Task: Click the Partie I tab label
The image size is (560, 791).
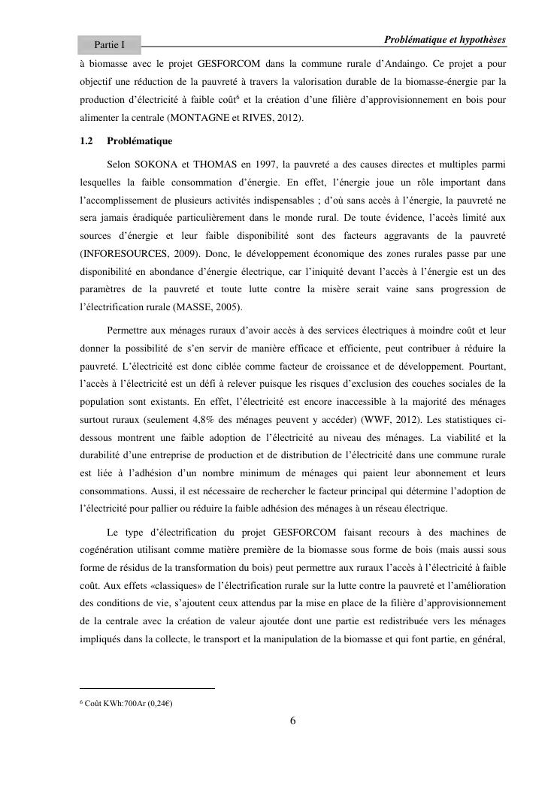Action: tap(109, 45)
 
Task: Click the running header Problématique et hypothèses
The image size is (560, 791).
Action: tap(444, 39)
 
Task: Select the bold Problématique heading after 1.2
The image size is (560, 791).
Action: tap(140, 140)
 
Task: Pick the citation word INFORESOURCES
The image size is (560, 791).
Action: tap(123, 253)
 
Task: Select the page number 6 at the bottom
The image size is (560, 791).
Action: tap(293, 722)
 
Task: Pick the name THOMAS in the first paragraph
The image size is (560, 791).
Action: tap(221, 163)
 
